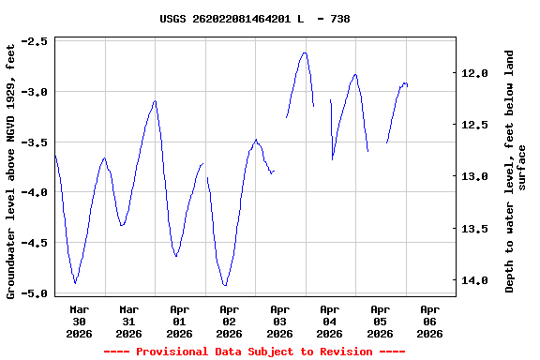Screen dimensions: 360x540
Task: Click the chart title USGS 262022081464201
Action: point(254,19)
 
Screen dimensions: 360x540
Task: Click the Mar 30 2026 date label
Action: point(79,321)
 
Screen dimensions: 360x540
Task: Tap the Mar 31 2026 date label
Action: point(128,321)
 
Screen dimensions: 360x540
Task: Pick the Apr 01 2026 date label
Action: point(179,321)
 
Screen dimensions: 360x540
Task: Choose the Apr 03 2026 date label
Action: point(279,321)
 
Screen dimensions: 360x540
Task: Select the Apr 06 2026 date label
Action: point(429,321)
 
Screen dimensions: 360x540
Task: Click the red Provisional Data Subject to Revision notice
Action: point(254,352)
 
